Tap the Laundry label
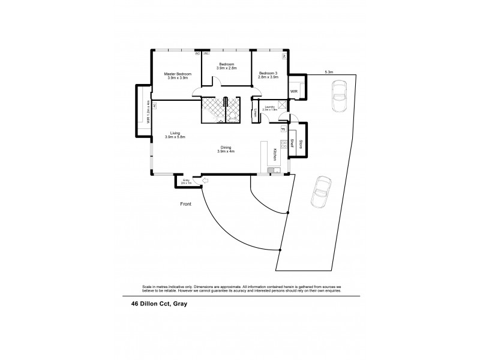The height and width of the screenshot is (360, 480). (x=269, y=107)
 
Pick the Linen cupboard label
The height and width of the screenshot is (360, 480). (x=256, y=112)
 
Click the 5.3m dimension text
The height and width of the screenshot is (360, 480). (x=329, y=72)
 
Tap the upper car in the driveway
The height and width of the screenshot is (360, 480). (x=337, y=95)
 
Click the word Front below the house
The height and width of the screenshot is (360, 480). (x=186, y=205)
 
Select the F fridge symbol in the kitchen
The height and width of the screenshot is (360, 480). (x=283, y=129)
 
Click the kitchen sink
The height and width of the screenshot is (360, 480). (x=273, y=170)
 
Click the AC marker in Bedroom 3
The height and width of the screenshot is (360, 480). (x=284, y=56)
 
